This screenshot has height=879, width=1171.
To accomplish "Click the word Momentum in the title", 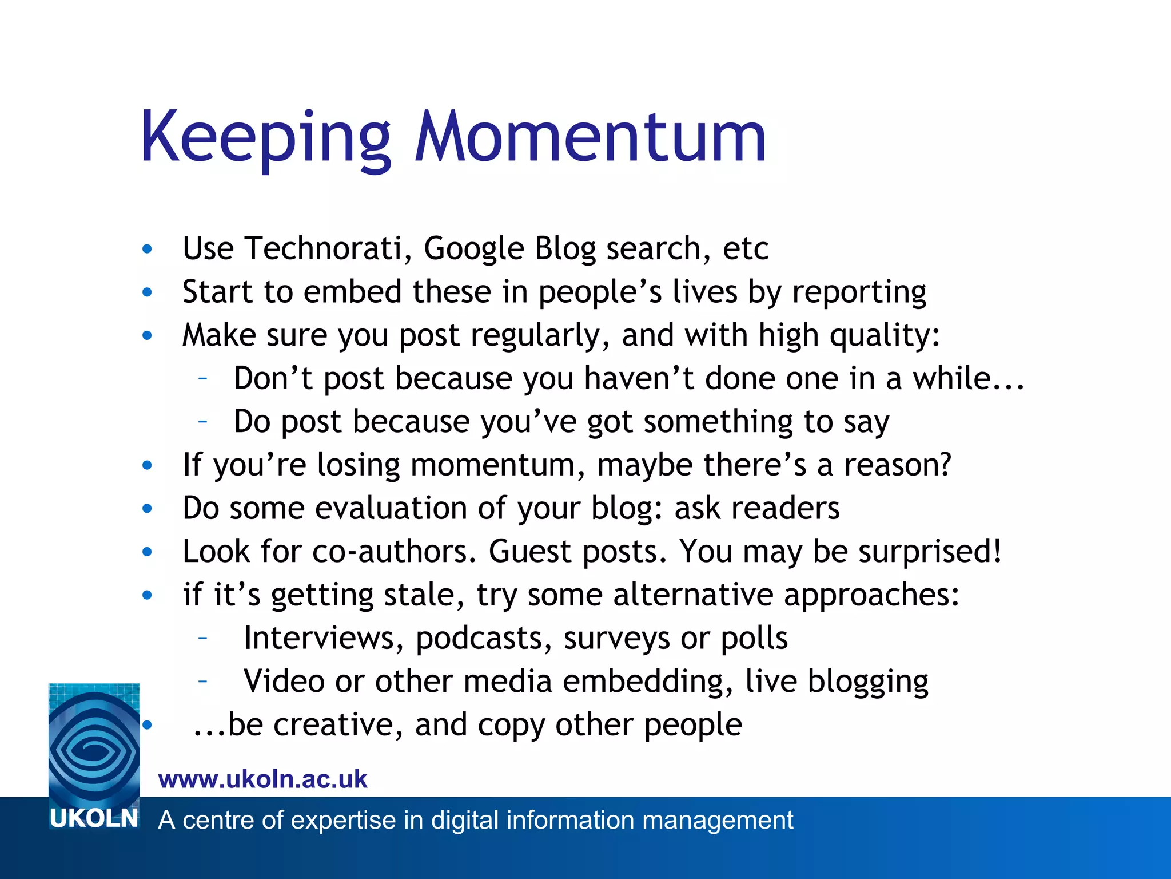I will coord(590,137).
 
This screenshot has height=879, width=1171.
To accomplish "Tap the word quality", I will coord(884,336).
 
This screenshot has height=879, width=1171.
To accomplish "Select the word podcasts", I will coord(484,639).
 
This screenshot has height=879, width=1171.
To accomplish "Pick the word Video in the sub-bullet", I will coord(284,682).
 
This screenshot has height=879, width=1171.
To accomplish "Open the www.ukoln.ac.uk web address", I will coord(262,779).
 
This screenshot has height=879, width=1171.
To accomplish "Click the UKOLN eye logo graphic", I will coord(94,744).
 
